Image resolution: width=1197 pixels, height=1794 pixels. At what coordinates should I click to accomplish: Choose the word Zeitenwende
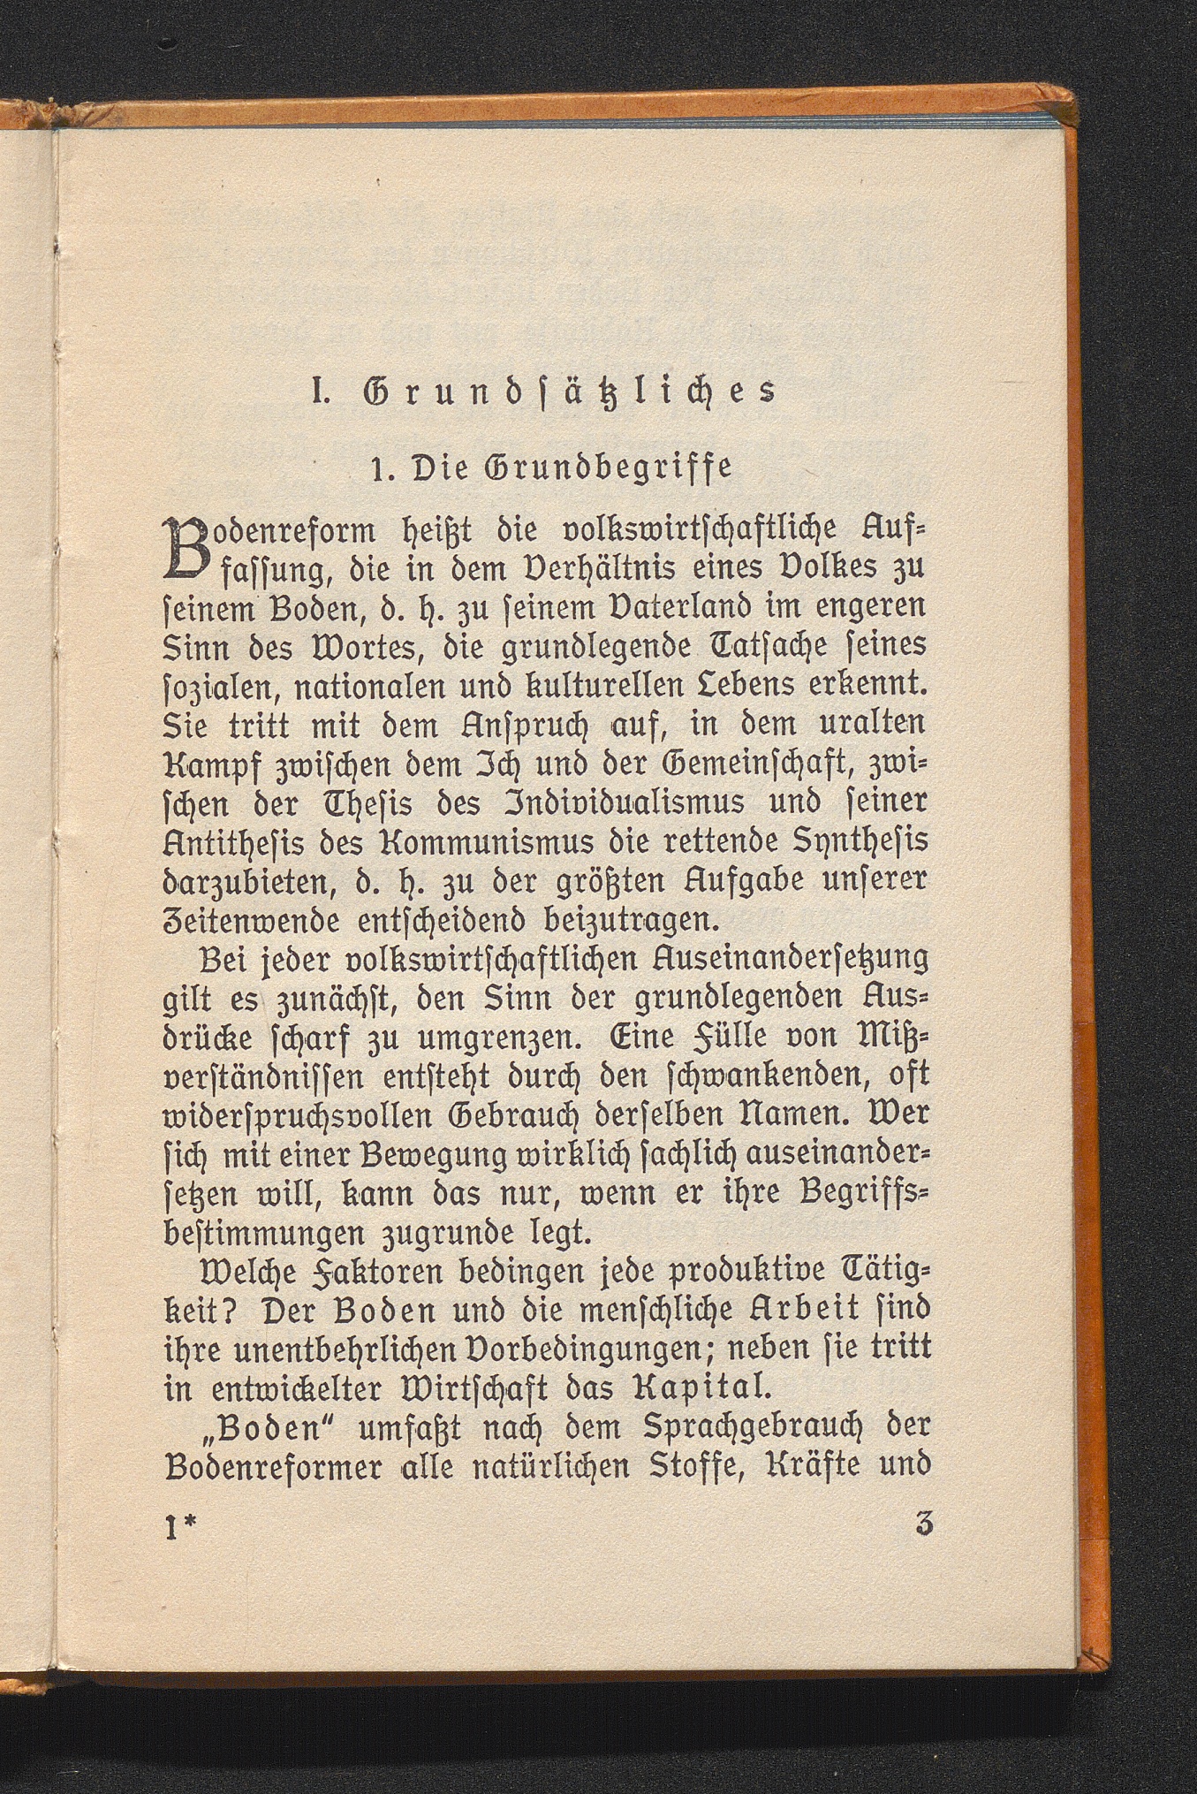(251, 920)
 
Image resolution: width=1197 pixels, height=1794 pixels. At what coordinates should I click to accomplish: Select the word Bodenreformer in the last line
(275, 1466)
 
